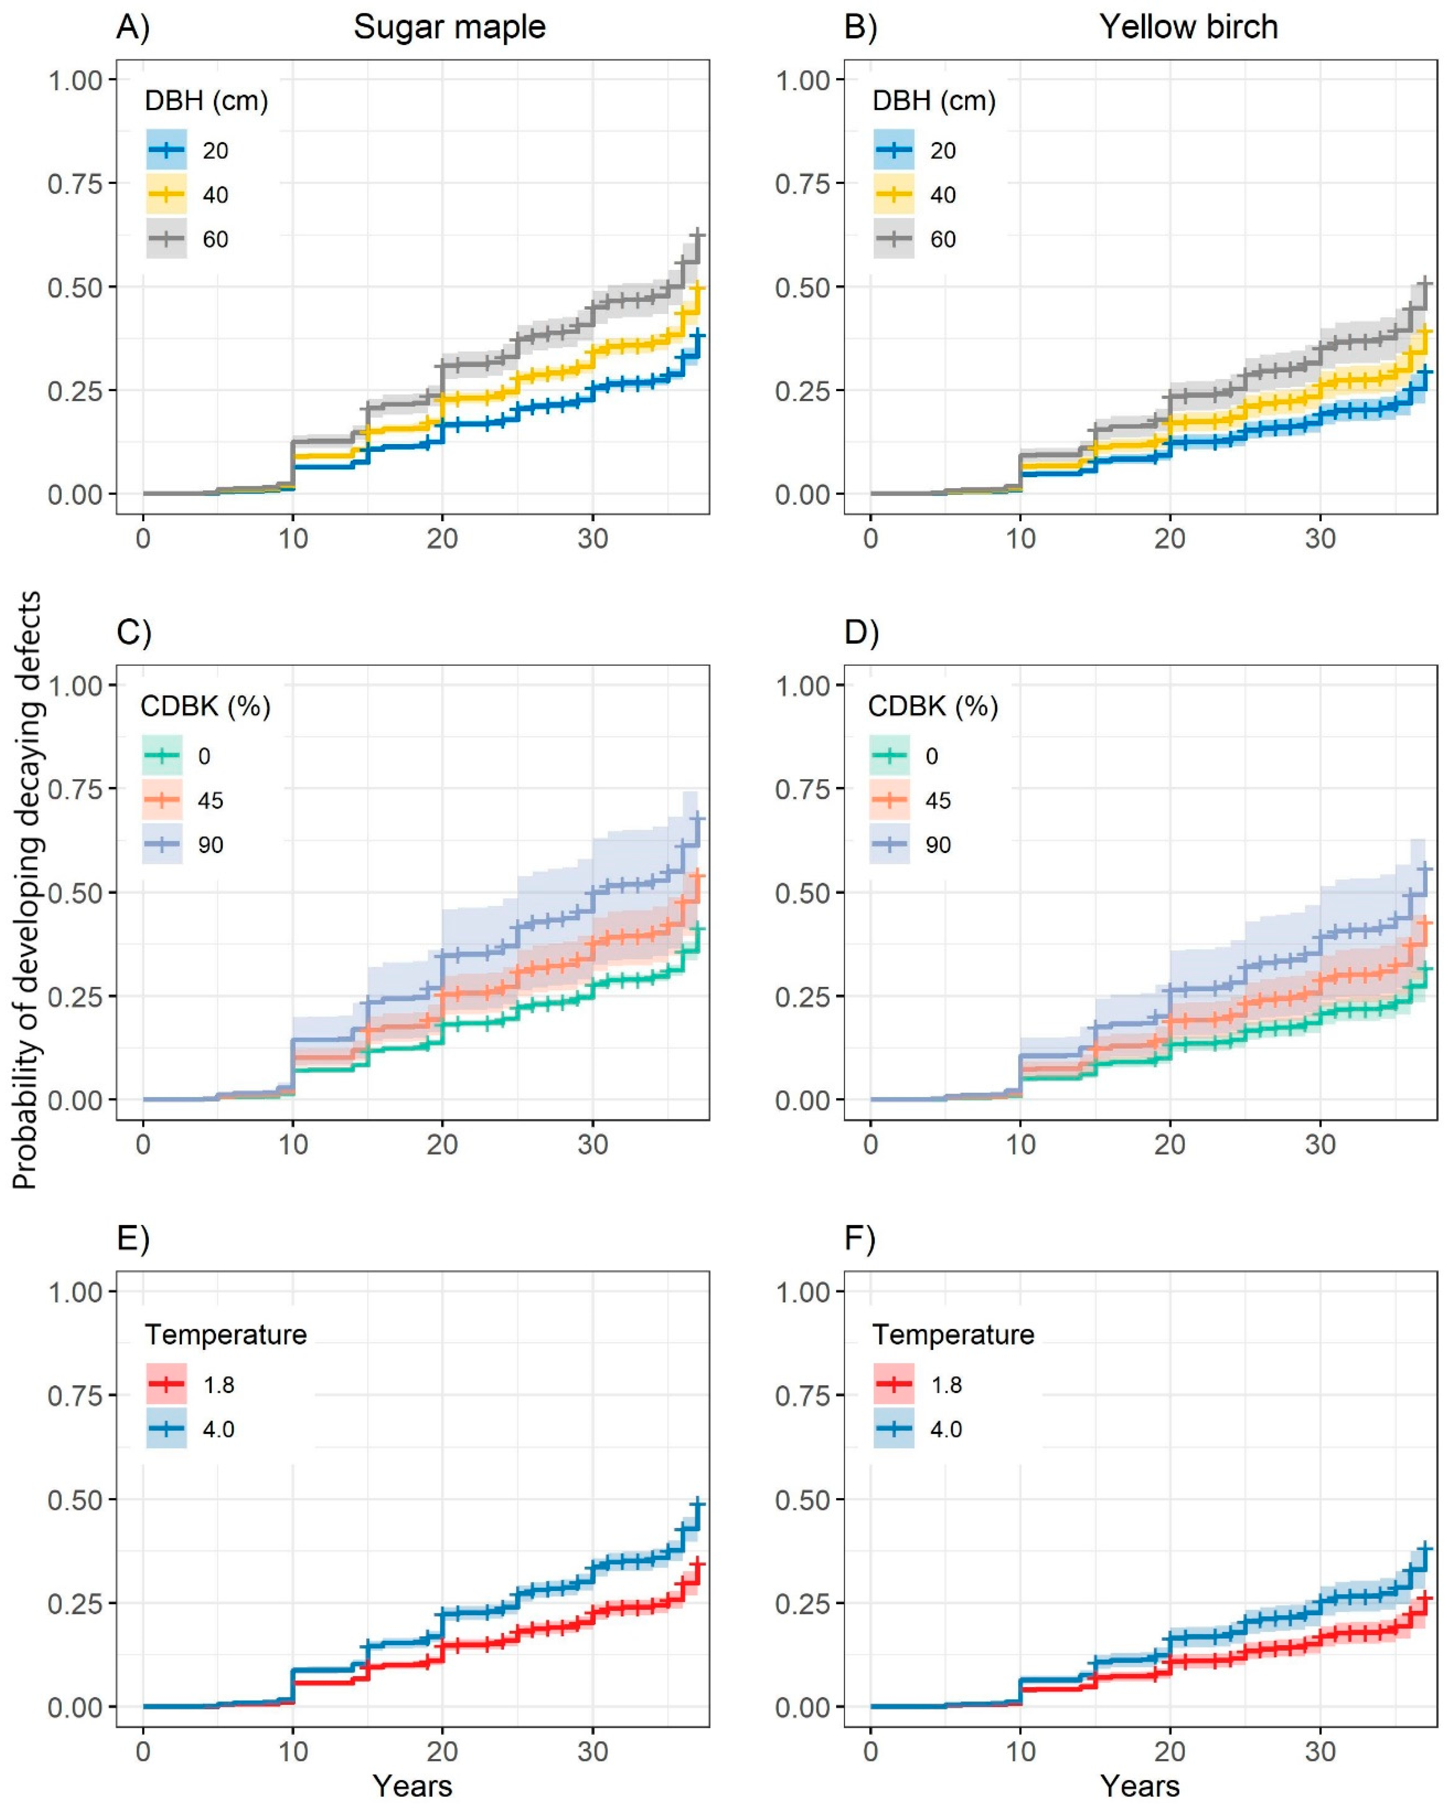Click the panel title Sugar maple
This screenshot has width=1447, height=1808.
[x=449, y=27]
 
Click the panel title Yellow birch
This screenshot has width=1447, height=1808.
[x=1189, y=27]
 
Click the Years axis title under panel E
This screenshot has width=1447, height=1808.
[x=413, y=1786]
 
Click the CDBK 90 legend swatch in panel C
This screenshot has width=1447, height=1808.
[x=162, y=845]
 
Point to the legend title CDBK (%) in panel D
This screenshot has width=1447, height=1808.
[x=933, y=707]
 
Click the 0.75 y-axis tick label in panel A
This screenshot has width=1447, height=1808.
[x=75, y=183]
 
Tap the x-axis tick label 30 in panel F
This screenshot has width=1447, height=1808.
[x=1320, y=1751]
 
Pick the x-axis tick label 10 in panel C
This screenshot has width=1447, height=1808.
[x=293, y=1144]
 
